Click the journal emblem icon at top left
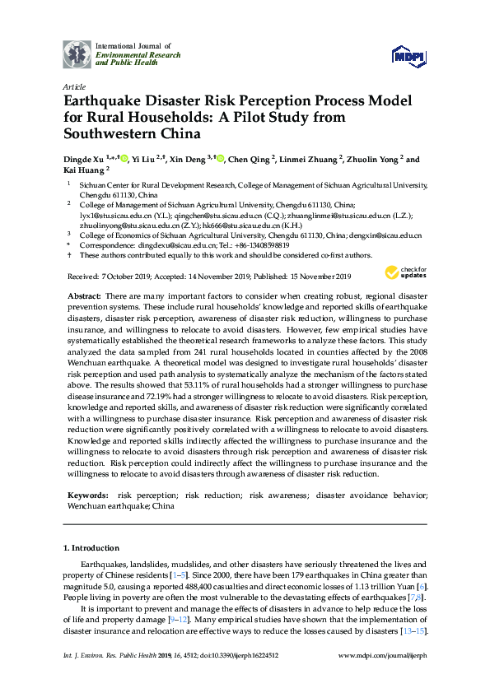[77, 53]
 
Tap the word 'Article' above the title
[73, 86]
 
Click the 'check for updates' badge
[403, 273]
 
